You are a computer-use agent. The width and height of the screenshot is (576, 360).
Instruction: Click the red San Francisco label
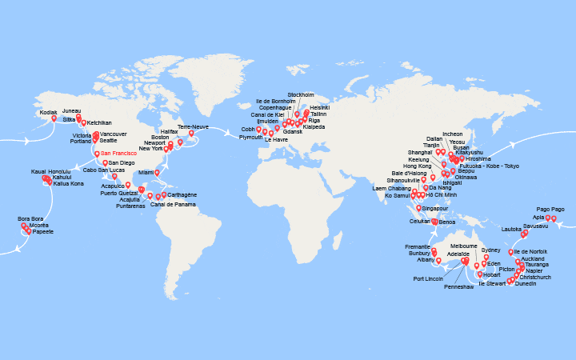pos(118,154)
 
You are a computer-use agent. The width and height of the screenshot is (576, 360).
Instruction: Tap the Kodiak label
pos(49,112)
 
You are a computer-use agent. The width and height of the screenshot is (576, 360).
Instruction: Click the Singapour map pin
pos(418,207)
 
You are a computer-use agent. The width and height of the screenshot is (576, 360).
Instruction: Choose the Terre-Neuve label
pos(192,126)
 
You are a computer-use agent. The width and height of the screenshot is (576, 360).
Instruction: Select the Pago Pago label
pos(551,208)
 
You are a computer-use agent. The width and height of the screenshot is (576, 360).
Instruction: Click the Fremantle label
pos(418,246)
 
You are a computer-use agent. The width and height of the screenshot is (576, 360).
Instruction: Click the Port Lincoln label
pos(430,278)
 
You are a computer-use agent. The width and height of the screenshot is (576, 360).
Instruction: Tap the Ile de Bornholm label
pos(275,101)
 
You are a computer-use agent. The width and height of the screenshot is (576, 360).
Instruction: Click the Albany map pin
pos(438,259)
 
